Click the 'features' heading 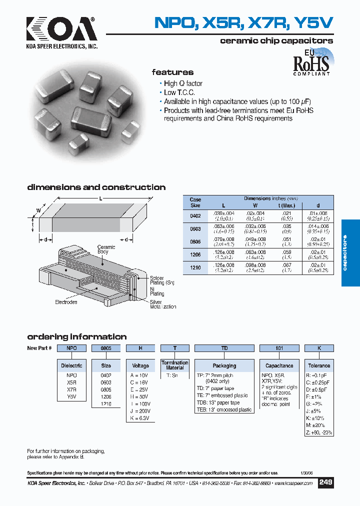click(172, 72)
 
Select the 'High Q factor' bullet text click(183, 83)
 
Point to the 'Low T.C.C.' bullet click(179, 92)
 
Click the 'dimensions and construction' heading click(96, 187)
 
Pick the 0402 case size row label click(195, 215)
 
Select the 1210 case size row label click(195, 268)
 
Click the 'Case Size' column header click(195, 202)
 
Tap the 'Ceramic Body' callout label click(106, 249)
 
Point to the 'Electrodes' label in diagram click(66, 302)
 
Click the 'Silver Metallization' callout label click(163, 304)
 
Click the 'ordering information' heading click(76, 336)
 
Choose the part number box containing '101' click(279, 348)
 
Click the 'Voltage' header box click(140, 365)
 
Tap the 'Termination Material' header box click(175, 365)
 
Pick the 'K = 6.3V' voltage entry click(139, 418)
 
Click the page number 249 click(325, 482)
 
